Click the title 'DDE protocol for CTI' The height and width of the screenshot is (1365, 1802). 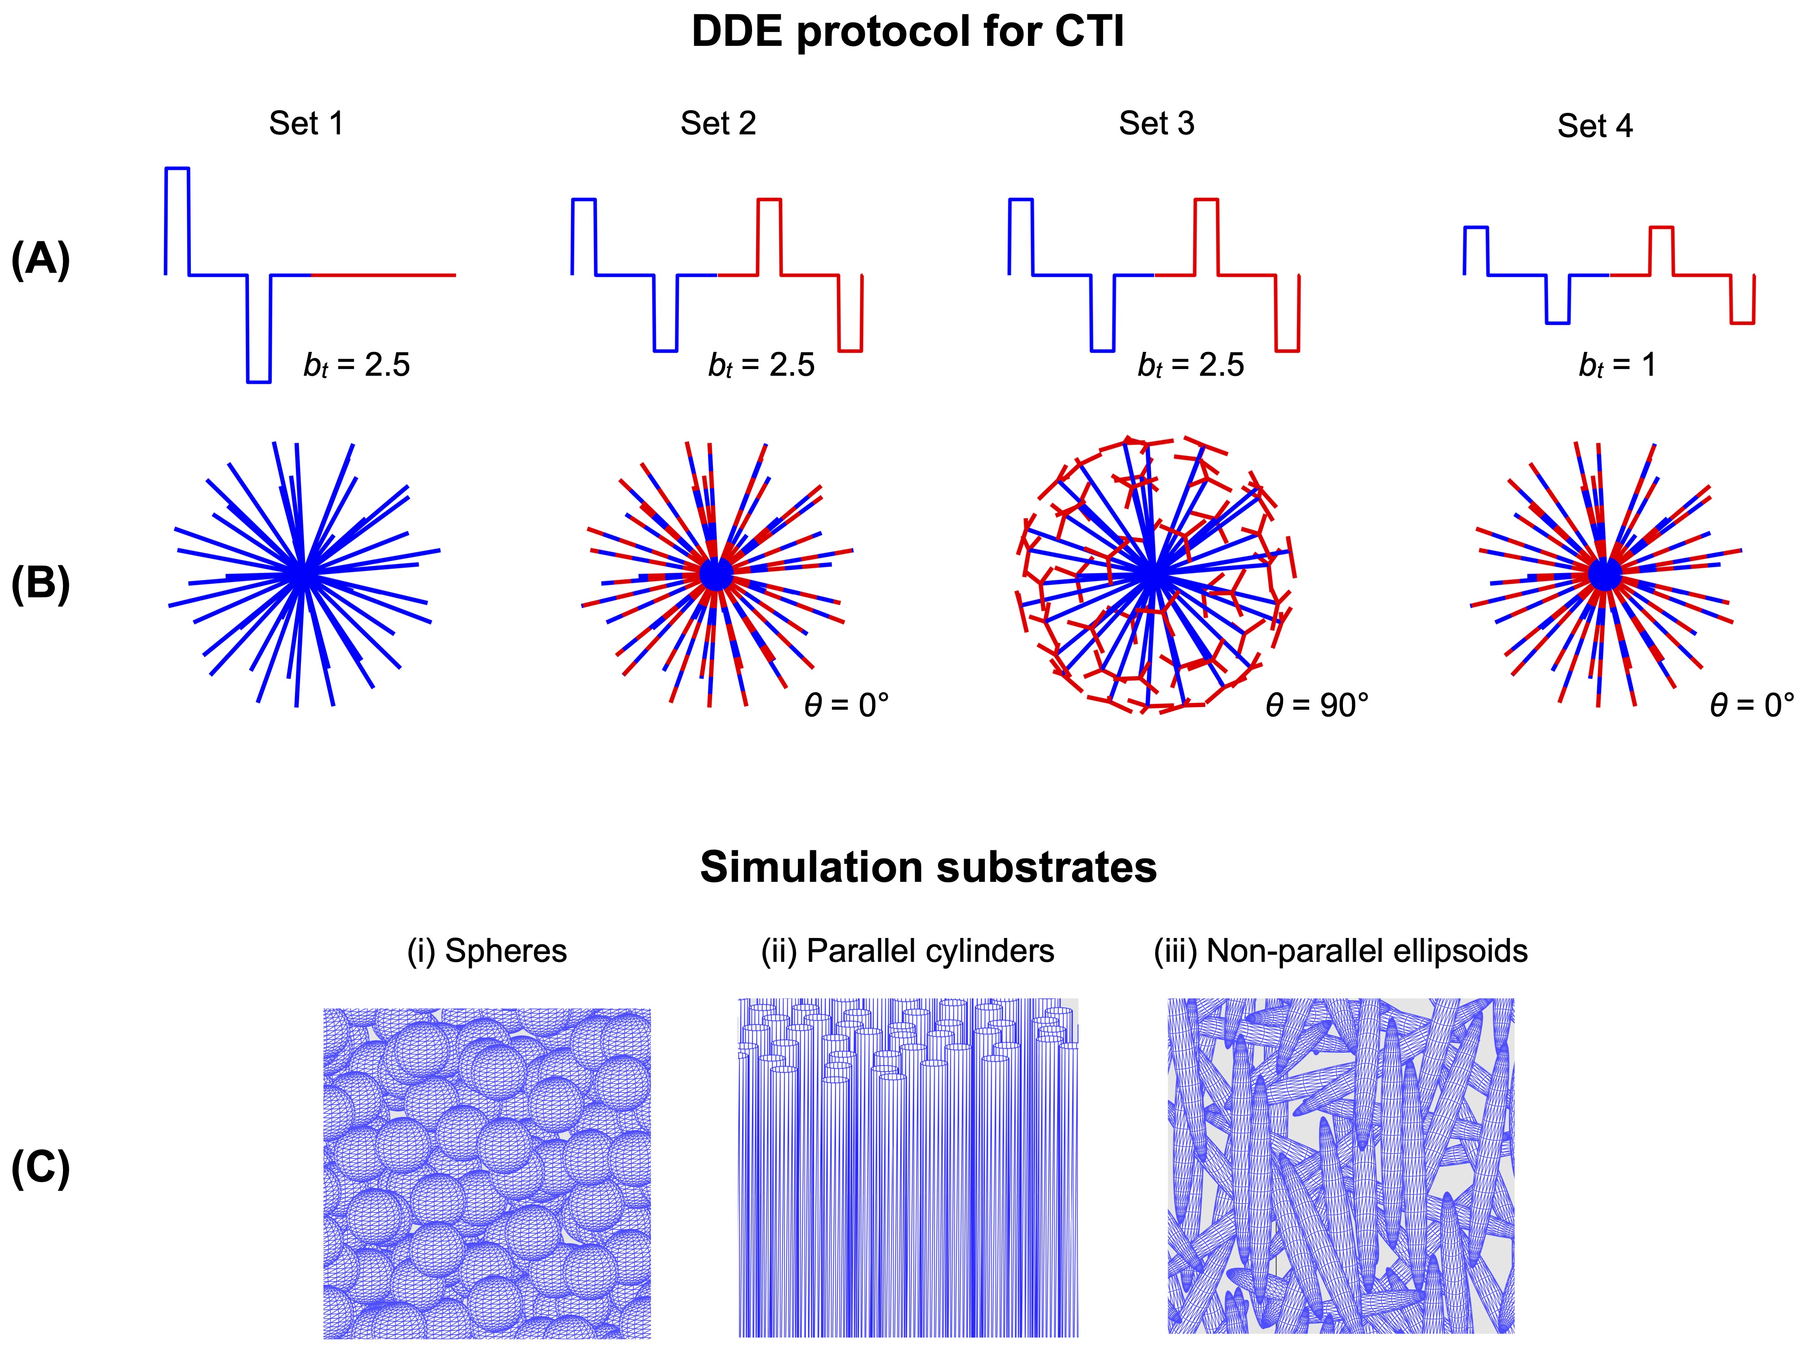(x=908, y=33)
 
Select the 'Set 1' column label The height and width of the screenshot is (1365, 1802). (x=306, y=124)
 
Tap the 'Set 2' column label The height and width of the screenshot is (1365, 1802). (x=718, y=124)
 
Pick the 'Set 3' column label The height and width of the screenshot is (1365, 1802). (x=1156, y=124)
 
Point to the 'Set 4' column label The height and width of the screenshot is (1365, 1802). (x=1594, y=126)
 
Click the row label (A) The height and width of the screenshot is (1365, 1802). (x=41, y=261)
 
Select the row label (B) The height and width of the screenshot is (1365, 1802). (x=41, y=584)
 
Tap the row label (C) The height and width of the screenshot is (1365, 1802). (x=41, y=1168)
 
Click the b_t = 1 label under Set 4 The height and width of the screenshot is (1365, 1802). (x=1617, y=365)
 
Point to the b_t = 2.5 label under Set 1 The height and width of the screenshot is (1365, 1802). (x=357, y=365)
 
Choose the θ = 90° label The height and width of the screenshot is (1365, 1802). (x=1316, y=705)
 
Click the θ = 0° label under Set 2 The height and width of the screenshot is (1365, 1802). (x=846, y=705)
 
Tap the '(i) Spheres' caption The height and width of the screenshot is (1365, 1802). (x=487, y=951)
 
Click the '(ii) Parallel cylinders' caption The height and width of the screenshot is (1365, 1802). (x=908, y=951)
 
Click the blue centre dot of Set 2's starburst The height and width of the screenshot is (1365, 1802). (x=716, y=574)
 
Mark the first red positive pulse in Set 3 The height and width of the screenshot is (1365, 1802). (x=1206, y=236)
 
